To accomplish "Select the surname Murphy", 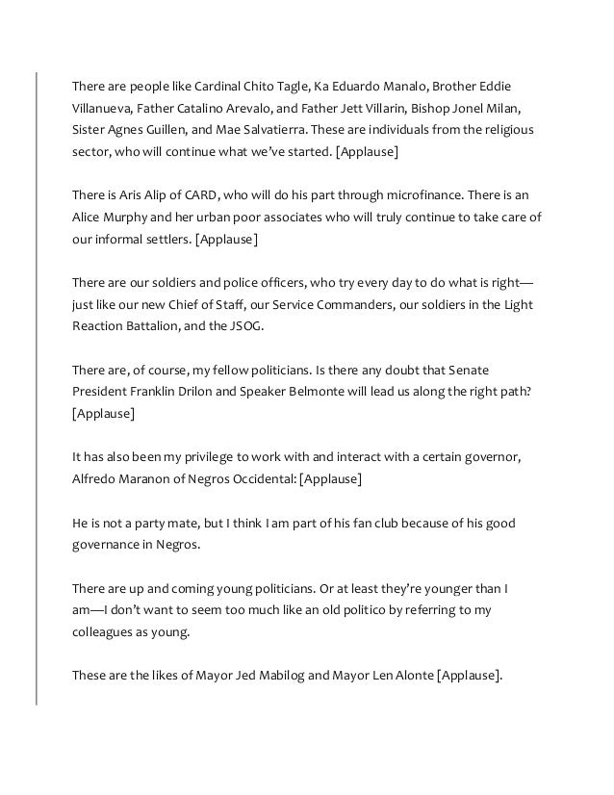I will [131, 218].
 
